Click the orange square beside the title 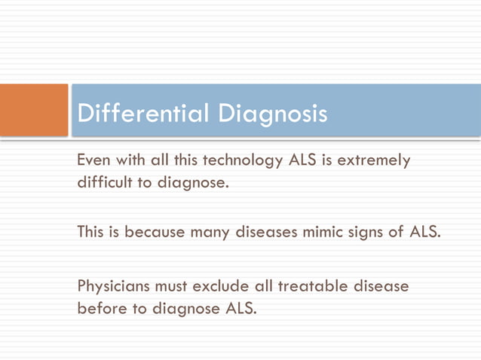point(34,110)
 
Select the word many point(210,233)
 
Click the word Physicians point(114,286)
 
